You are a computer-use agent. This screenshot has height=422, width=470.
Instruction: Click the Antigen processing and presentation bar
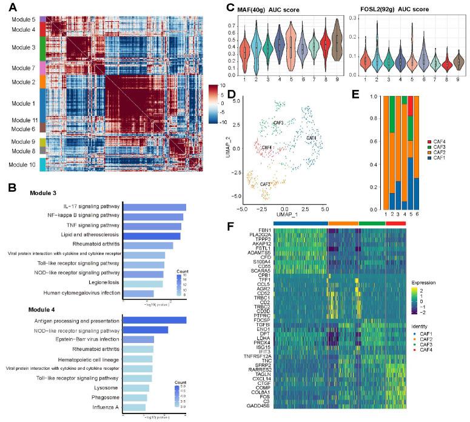point(155,320)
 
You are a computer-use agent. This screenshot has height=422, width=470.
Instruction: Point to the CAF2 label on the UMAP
point(264,183)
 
